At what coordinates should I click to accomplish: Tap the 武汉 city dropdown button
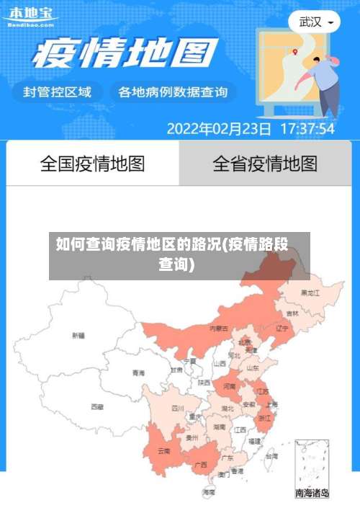315,22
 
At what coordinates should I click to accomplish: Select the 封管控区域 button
58,92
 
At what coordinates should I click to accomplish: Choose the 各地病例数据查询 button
173,92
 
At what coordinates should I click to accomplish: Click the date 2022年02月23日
219,129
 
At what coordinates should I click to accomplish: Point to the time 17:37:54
307,129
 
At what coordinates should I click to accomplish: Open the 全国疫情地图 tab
92,164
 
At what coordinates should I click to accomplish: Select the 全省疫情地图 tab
265,164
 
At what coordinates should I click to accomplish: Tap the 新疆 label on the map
78,335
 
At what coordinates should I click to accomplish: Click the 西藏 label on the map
96,406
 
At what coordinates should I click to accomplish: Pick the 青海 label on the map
138,373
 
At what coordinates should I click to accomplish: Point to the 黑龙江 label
311,293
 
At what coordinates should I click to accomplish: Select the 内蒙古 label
219,328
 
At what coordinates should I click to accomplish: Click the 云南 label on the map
163,451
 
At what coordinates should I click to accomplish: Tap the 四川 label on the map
178,408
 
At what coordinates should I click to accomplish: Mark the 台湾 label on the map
271,456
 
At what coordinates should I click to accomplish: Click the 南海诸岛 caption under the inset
312,494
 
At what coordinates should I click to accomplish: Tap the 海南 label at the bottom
209,492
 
